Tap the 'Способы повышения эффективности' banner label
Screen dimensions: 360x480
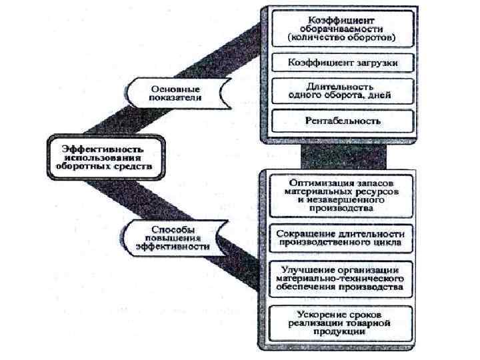click(172, 236)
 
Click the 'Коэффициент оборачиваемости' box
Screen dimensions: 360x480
click(341, 29)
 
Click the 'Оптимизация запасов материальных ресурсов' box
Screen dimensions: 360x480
click(341, 194)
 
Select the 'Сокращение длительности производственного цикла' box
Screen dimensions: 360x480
click(341, 237)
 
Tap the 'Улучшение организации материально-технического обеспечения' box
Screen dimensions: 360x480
click(341, 279)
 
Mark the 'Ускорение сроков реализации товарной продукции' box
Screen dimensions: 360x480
click(341, 323)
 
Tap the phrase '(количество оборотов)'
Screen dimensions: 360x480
click(341, 38)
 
